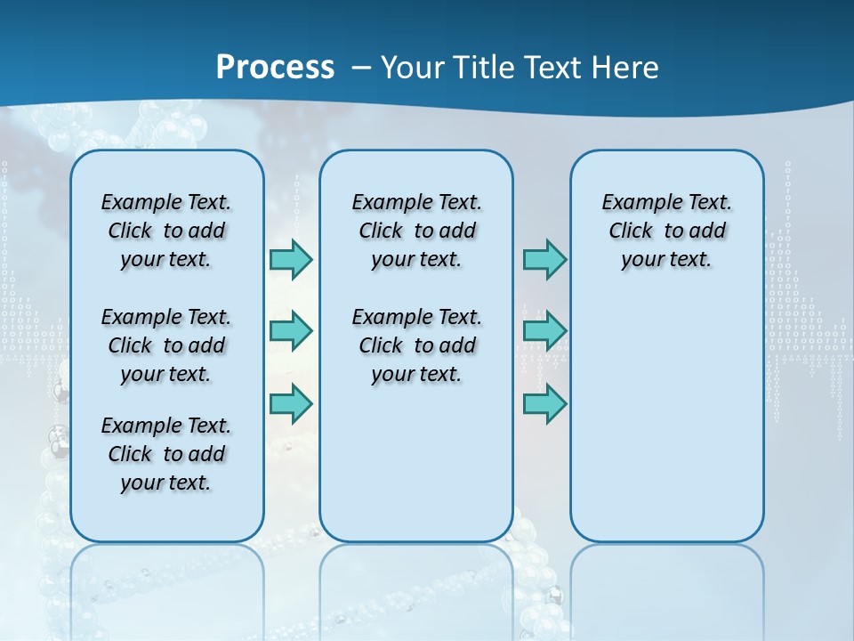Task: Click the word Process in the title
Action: coord(275,67)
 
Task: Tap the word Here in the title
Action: coord(626,68)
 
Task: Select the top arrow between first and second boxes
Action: coord(291,259)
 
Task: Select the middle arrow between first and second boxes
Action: coord(291,331)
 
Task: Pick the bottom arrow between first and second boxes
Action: coord(291,403)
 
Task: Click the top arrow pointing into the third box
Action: coord(544,259)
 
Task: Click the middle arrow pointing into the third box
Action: coord(544,331)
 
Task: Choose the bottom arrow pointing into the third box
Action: coord(544,403)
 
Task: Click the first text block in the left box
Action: coord(166,231)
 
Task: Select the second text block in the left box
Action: coord(166,345)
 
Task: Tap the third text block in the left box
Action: coord(166,454)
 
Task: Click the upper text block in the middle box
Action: coord(416,231)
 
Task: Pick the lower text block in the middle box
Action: coord(416,345)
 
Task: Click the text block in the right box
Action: coord(666,231)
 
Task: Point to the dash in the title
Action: coord(361,69)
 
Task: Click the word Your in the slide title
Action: coord(413,68)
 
